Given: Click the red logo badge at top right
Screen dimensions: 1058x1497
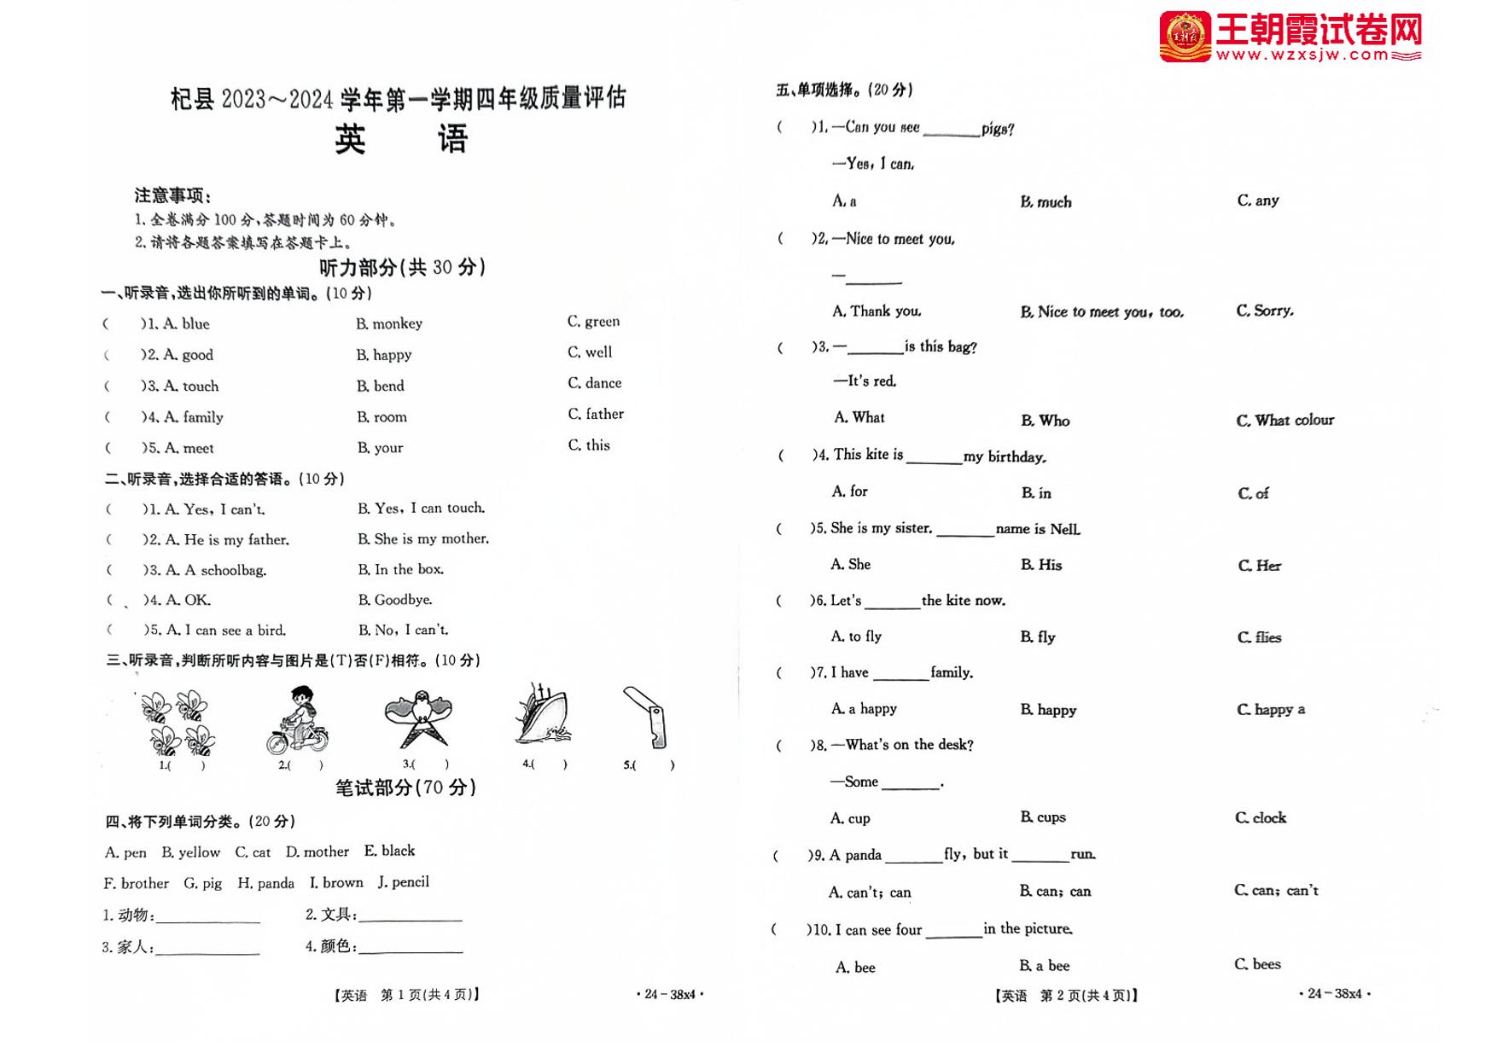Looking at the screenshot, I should (x=1185, y=37).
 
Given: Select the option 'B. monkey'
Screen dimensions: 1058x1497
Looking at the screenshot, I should (x=389, y=323).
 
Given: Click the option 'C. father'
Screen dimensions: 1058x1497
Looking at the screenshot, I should (x=596, y=414).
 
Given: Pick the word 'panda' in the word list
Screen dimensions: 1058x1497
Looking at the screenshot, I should (x=266, y=883).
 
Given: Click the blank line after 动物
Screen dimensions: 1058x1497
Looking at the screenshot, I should (x=207, y=921).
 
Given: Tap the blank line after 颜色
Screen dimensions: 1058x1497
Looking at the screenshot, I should (x=411, y=950).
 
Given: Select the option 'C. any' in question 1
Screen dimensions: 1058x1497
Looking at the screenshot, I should (x=1258, y=201).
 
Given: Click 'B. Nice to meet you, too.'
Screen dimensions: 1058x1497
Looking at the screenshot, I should (x=1102, y=312).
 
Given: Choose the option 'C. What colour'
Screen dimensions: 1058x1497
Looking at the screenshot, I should (x=1284, y=420).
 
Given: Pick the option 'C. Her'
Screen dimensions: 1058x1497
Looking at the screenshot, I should (x=1259, y=566).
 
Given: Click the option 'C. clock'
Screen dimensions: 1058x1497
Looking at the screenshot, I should (x=1261, y=817).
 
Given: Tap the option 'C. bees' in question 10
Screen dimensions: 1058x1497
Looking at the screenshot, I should (x=1257, y=964).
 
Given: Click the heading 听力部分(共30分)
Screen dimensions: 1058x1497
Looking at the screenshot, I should (x=402, y=268).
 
